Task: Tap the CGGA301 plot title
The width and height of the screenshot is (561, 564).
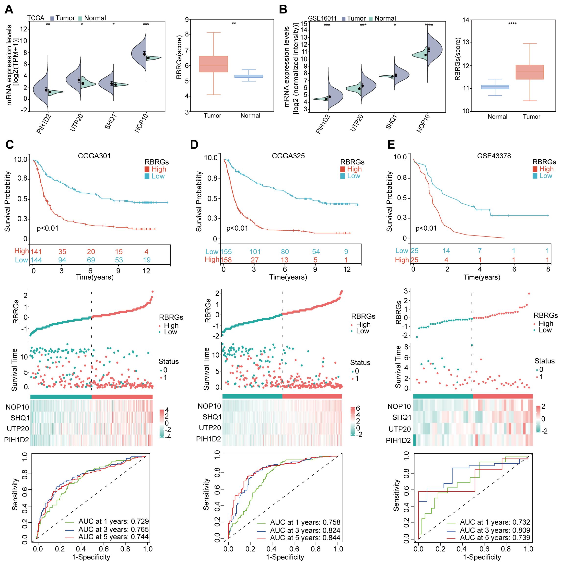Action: pyautogui.click(x=94, y=156)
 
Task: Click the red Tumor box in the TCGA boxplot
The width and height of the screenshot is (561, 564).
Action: pyautogui.click(x=213, y=64)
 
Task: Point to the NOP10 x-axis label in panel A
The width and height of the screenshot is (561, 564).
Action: pyautogui.click(x=141, y=123)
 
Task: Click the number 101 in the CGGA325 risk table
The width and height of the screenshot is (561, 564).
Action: pyautogui.click(x=255, y=252)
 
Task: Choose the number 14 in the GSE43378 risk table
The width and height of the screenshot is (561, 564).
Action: pyautogui.click(x=446, y=250)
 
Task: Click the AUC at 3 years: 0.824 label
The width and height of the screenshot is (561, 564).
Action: pyautogui.click(x=305, y=530)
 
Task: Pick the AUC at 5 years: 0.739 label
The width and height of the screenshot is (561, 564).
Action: pyautogui.click(x=495, y=538)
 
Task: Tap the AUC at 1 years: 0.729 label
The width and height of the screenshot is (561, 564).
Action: pyautogui.click(x=114, y=521)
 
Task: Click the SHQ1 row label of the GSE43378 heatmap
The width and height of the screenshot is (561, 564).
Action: pyautogui.click(x=402, y=417)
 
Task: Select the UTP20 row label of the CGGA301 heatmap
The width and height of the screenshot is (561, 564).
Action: pyautogui.click(x=18, y=429)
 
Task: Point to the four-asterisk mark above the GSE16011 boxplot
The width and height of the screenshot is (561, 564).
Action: pyautogui.click(x=512, y=24)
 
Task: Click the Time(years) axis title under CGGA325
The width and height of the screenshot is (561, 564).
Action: pyautogui.click(x=288, y=277)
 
